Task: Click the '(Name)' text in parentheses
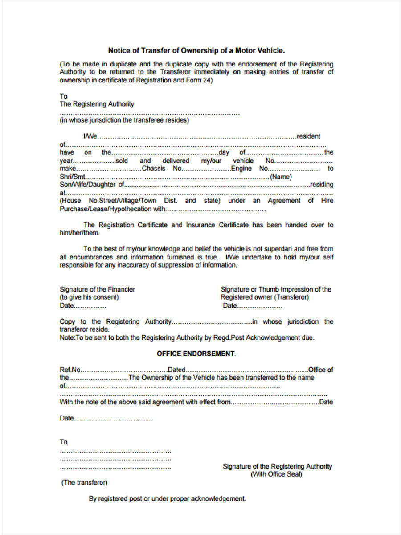pos(281,177)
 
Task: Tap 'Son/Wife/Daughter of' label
pos(92,185)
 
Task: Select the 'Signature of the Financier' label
pos(97,289)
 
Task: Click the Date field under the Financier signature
pos(90,306)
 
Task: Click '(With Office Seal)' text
pos(276,474)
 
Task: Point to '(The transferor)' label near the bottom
pos(84,482)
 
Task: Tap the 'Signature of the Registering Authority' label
pos(277,466)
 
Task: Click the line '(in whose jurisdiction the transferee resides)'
pos(124,120)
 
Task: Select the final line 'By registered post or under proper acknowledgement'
pos(167,498)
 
